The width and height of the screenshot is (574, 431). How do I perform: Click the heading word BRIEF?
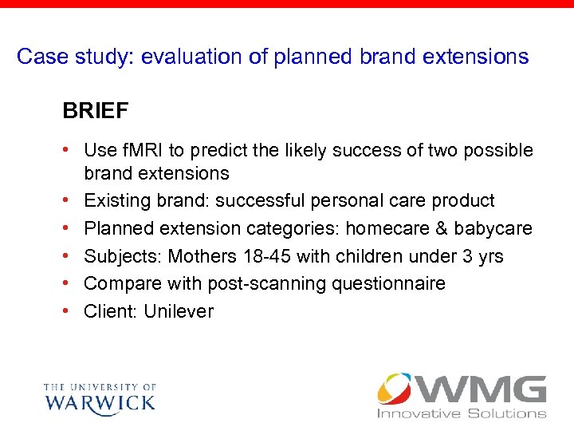click(x=95, y=111)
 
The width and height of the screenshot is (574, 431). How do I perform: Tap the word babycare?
click(x=493, y=228)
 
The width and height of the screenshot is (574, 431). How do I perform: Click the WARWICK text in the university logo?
click(x=100, y=401)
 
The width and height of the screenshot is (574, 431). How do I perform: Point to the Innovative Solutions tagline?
click(x=462, y=413)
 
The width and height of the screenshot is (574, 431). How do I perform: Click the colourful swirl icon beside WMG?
click(x=395, y=389)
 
